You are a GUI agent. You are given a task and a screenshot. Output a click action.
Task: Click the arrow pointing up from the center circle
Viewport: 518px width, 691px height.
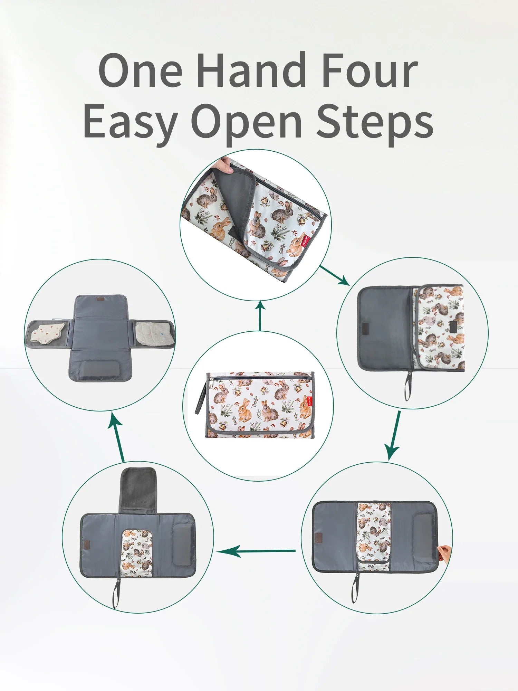click(x=260, y=315)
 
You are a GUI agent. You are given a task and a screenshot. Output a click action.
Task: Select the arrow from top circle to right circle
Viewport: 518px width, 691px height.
click(x=334, y=275)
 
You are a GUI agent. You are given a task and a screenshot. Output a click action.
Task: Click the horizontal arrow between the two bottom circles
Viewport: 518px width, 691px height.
click(x=256, y=551)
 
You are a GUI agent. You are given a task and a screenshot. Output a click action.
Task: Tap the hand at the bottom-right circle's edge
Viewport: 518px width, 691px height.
click(x=443, y=553)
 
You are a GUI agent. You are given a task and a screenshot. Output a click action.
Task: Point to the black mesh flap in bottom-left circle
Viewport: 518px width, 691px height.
click(x=137, y=490)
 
